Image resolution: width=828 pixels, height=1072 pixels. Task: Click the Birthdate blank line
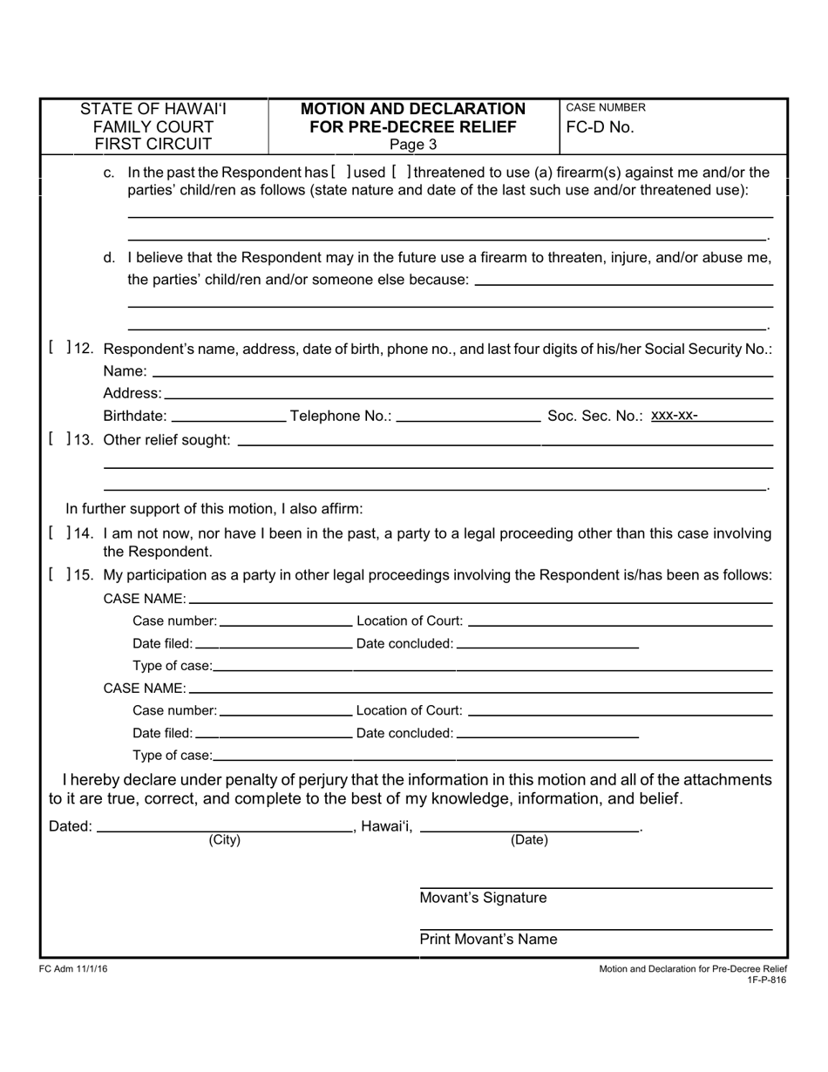[x=230, y=417]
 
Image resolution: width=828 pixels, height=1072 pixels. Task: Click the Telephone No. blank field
[x=468, y=417]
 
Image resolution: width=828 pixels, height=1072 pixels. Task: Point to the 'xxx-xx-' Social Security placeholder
[x=674, y=415]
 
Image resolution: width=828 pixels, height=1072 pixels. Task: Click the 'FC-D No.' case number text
[x=600, y=127]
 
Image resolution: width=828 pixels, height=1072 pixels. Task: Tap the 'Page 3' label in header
[x=413, y=145]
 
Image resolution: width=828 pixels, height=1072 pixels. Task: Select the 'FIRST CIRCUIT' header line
[x=153, y=144]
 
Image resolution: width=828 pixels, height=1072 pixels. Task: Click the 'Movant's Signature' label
[x=483, y=898]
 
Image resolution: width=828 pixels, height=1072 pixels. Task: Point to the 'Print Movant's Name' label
[x=488, y=940]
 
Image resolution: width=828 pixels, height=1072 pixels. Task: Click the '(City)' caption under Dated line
[x=224, y=840]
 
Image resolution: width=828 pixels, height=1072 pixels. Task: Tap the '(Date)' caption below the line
[x=529, y=840]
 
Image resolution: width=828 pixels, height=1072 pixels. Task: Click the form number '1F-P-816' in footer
[x=766, y=980]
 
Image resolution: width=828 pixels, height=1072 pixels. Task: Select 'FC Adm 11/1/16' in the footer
[x=74, y=969]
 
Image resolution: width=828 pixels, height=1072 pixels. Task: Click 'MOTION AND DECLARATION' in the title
[x=413, y=109]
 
